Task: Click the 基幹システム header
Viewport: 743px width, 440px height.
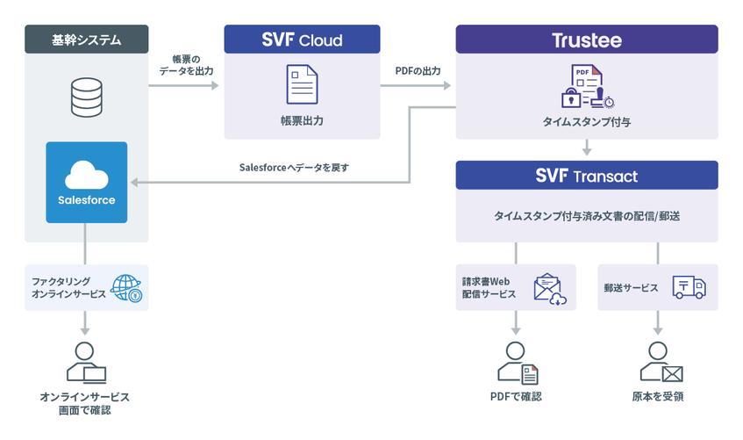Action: click(86, 40)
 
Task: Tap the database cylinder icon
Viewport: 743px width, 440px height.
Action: click(86, 97)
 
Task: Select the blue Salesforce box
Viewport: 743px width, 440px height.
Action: click(86, 183)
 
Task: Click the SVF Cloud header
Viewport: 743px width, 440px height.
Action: click(302, 40)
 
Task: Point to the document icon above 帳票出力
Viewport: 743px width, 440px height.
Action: click(302, 84)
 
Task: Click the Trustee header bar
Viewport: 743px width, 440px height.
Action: click(587, 40)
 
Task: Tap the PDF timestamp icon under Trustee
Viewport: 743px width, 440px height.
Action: click(587, 86)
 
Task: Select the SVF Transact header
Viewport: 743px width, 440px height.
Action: click(587, 176)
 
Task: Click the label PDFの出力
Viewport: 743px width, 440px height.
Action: click(418, 71)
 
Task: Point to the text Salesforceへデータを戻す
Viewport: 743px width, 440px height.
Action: click(294, 168)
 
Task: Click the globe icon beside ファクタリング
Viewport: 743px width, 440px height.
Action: click(126, 288)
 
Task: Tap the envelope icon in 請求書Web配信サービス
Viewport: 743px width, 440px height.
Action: click(550, 289)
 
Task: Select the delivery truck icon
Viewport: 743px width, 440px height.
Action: click(689, 287)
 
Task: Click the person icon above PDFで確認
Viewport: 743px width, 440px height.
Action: click(518, 363)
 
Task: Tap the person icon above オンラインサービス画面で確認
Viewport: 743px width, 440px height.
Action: click(86, 363)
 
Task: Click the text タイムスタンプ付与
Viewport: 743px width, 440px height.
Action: click(587, 122)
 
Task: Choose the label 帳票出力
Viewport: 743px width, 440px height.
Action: click(302, 120)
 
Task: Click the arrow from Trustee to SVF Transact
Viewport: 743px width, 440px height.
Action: click(587, 148)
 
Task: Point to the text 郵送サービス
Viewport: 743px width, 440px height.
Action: click(631, 288)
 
